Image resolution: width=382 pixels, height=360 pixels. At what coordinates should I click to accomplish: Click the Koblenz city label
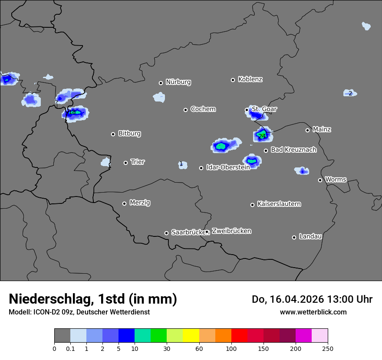[x=250, y=79]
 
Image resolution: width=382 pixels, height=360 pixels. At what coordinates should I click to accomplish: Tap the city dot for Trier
[x=126, y=163]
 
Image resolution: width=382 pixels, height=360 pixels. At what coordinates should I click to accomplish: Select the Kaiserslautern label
[x=279, y=204]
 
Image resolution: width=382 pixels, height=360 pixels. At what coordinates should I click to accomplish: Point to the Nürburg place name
[x=178, y=82]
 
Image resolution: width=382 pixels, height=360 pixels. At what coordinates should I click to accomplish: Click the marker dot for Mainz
[x=307, y=130]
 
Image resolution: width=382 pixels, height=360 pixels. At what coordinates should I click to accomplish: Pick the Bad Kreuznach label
[x=293, y=150]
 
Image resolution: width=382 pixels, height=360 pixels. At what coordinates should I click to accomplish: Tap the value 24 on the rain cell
[x=261, y=136]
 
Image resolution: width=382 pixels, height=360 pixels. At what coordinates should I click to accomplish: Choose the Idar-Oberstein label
[x=228, y=167]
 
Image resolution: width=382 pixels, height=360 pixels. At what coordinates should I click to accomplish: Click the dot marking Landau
[x=294, y=237]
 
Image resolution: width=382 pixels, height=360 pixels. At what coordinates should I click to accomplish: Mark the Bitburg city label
[x=129, y=134]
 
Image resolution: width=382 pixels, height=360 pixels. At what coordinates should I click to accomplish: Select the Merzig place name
[x=140, y=203]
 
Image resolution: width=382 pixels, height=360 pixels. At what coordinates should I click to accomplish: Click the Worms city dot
[x=320, y=180]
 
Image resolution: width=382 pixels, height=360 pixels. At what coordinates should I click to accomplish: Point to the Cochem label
[x=203, y=109]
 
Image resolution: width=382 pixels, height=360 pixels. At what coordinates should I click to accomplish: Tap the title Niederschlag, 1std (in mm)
[x=93, y=299]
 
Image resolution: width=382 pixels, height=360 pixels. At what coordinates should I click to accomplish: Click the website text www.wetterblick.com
[x=313, y=312]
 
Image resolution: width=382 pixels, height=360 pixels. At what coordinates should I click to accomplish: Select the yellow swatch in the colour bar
[x=191, y=336]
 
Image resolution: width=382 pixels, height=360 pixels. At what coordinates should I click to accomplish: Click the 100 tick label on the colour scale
[x=231, y=348]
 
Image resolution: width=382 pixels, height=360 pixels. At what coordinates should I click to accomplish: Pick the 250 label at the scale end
[x=328, y=348]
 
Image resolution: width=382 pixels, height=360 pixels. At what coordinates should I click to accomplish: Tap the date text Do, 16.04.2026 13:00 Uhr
[x=312, y=299]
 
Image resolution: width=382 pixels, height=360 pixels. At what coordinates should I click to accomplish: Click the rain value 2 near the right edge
[x=350, y=93]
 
